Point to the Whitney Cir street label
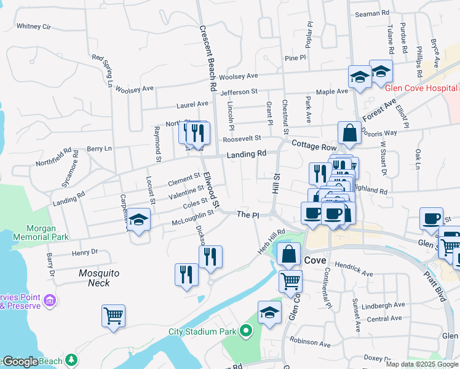pos(33,26)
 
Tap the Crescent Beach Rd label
pos(205,59)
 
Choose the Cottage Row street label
pos(314,146)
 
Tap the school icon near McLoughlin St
pos(139,220)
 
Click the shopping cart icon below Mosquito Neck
pos(114,316)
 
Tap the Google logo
pos(20,362)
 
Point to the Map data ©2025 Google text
pos(422,364)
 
